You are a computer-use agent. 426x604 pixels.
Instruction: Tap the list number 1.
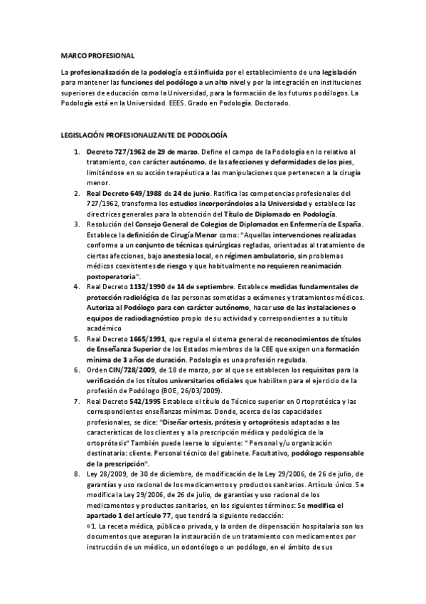point(76,152)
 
